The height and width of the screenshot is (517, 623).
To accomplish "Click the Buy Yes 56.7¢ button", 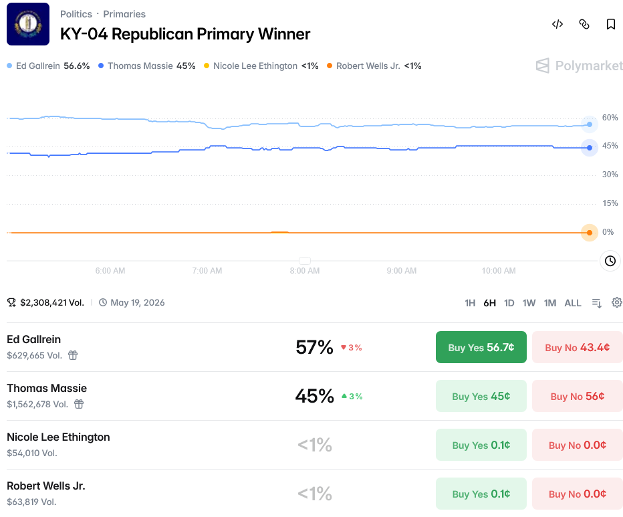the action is pyautogui.click(x=481, y=347).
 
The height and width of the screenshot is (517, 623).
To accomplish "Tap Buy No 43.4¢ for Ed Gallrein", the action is pyautogui.click(x=578, y=347).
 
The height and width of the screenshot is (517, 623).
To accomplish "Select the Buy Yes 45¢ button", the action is pyautogui.click(x=481, y=396).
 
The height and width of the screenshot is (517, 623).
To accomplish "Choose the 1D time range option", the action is pyautogui.click(x=509, y=303).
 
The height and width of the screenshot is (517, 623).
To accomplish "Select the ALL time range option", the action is pyautogui.click(x=573, y=303).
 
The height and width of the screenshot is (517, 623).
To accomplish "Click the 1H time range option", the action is pyautogui.click(x=470, y=303).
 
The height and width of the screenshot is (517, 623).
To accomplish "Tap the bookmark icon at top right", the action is pyautogui.click(x=611, y=24).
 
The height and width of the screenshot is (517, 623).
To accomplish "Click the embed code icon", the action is pyautogui.click(x=557, y=24).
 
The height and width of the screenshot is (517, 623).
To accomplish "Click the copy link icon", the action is pyautogui.click(x=584, y=24).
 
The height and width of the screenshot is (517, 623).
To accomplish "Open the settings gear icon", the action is pyautogui.click(x=617, y=303).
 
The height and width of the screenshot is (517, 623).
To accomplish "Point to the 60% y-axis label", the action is pyautogui.click(x=610, y=118).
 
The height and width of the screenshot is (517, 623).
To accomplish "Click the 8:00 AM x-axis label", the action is pyautogui.click(x=305, y=271).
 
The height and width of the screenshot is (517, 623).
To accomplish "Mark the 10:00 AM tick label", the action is pyautogui.click(x=499, y=271).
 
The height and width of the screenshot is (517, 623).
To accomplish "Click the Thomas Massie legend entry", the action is pyautogui.click(x=147, y=66).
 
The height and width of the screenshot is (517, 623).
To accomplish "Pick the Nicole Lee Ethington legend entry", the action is pyautogui.click(x=261, y=66).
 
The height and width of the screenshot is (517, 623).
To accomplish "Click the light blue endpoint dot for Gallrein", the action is pyautogui.click(x=590, y=124).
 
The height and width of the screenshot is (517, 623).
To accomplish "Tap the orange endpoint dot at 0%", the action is pyautogui.click(x=590, y=233).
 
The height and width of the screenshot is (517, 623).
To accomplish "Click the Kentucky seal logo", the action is pyautogui.click(x=28, y=24).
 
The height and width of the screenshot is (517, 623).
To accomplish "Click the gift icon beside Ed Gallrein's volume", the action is pyautogui.click(x=73, y=355).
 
